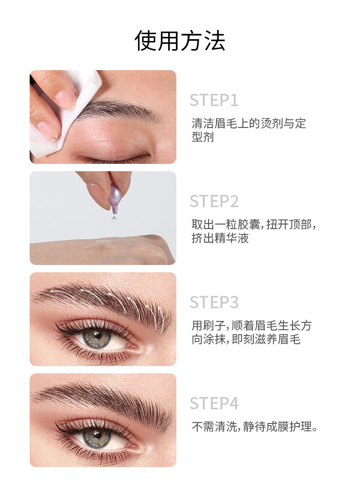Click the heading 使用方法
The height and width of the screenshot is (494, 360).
180,41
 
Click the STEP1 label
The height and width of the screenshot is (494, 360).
214,101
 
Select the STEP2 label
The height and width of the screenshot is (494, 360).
214,202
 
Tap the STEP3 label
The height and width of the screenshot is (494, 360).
214,303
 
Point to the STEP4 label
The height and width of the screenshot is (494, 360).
214,404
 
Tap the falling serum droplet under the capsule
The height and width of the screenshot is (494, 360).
113,219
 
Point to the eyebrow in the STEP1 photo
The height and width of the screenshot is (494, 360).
118,109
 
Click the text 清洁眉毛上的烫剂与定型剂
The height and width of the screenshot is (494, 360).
248,130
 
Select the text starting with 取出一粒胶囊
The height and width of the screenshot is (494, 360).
253,231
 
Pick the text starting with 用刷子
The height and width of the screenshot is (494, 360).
251,332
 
